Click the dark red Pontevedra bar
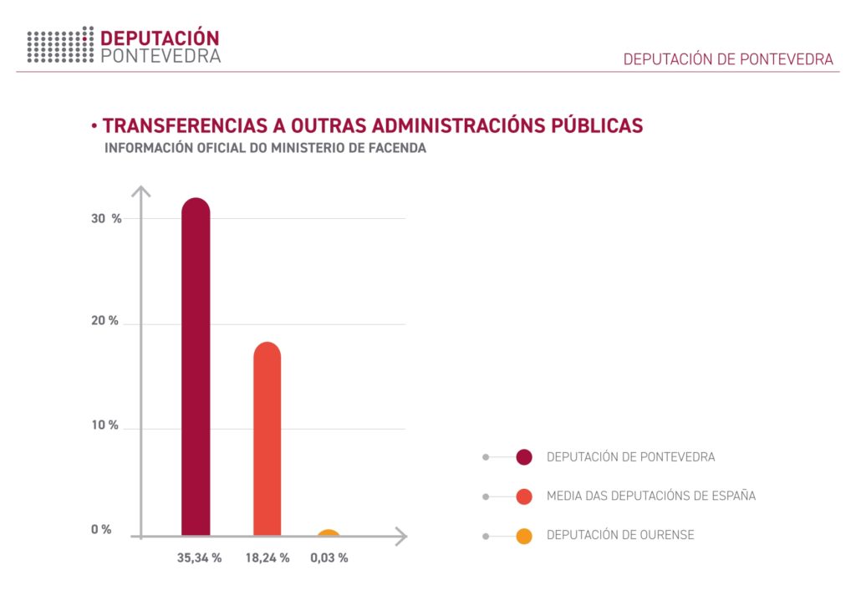[196, 368]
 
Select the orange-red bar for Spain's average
[267, 439]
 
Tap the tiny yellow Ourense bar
[329, 533]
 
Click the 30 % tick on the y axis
[106, 219]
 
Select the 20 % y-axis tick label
[105, 322]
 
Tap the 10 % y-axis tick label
[105, 426]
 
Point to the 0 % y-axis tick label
[101, 530]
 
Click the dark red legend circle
[524, 457]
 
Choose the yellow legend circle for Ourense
[524, 536]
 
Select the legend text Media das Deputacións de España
[650, 497]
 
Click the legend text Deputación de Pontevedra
[630, 457]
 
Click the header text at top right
[728, 59]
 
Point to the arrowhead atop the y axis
[141, 191]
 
